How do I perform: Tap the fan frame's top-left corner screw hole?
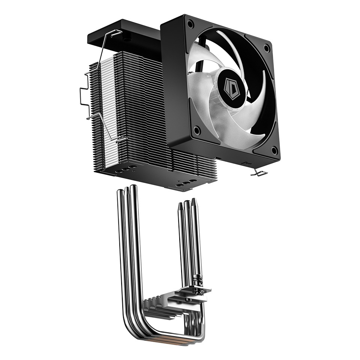tap(190, 25)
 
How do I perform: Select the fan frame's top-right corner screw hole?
tap(267, 48)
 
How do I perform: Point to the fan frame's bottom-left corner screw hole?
tap(196, 130)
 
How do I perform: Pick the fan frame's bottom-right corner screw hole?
tap(274, 151)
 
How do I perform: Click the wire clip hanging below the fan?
tap(259, 172)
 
